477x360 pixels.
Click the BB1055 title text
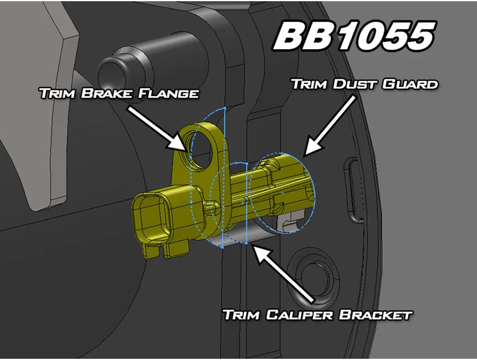(353, 37)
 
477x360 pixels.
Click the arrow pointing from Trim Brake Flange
(155, 128)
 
